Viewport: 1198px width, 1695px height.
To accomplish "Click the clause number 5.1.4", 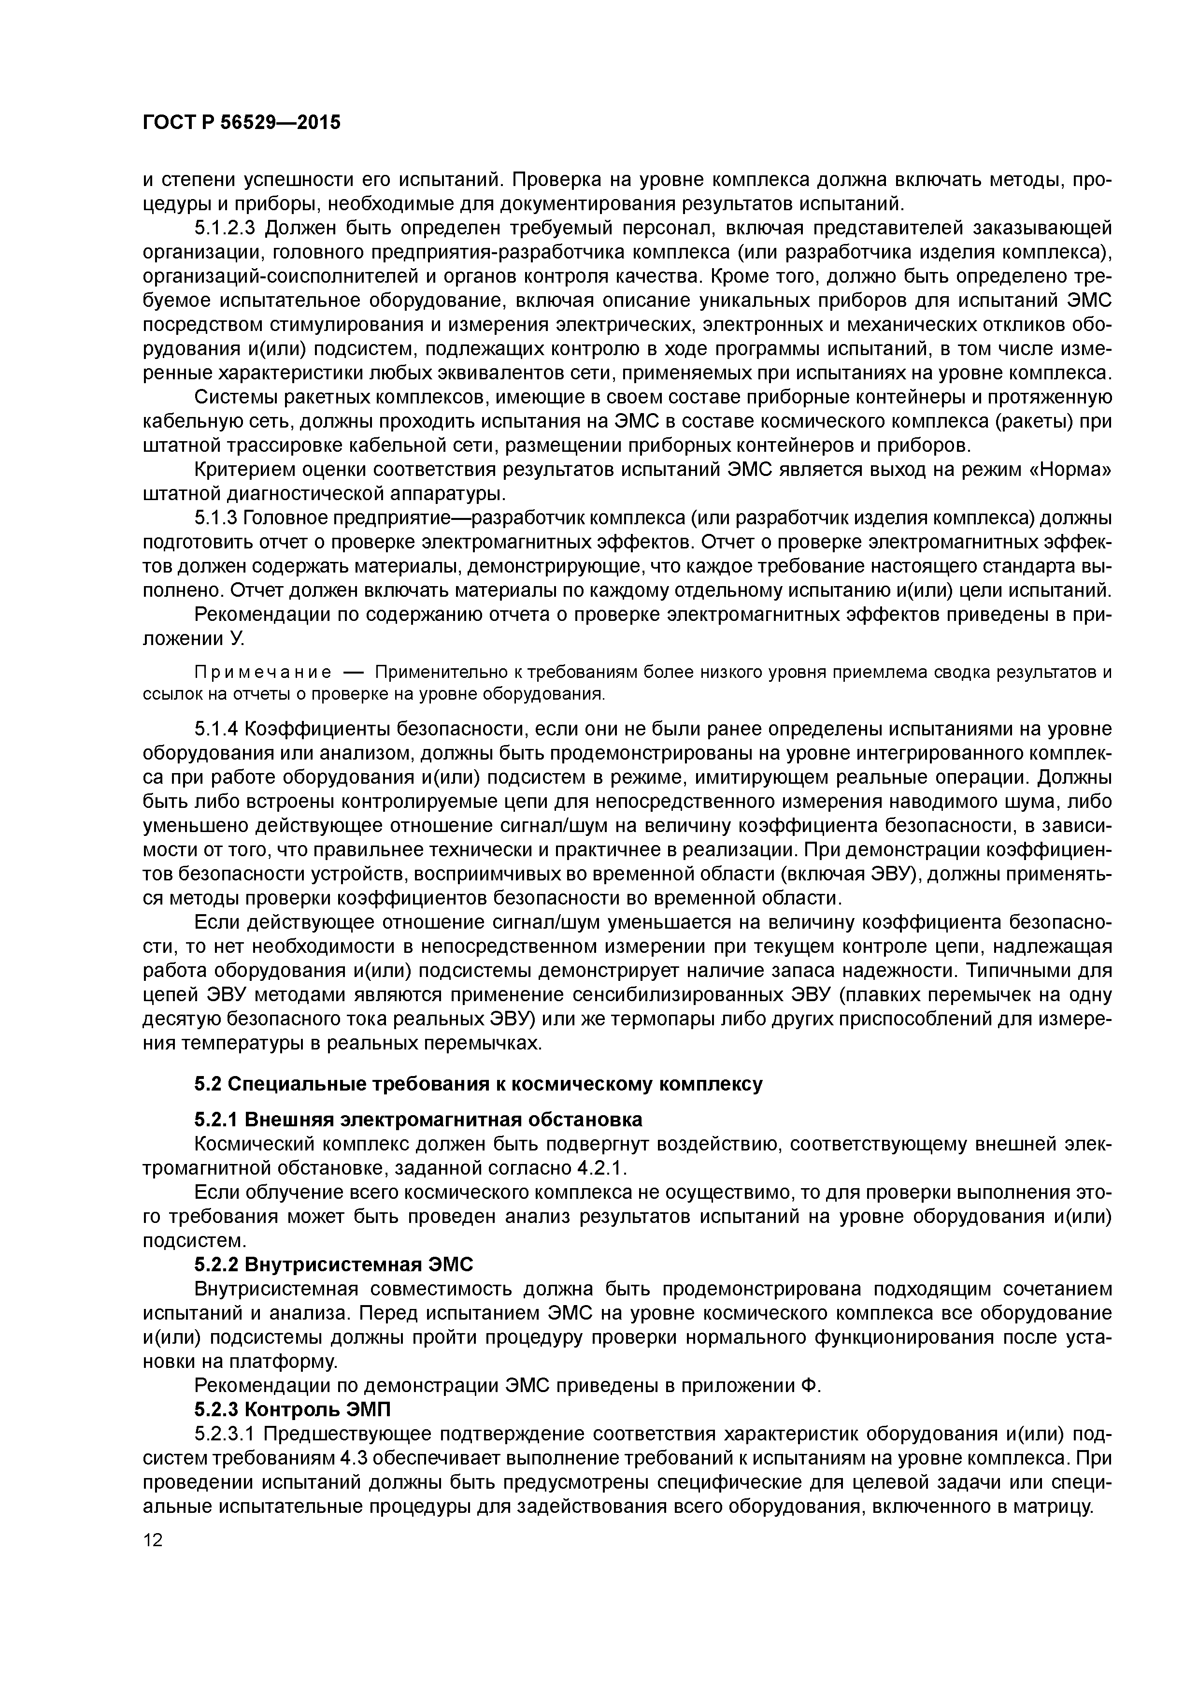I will click(x=215, y=730).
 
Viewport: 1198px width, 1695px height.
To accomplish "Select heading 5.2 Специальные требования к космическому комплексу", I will click(x=478, y=1084).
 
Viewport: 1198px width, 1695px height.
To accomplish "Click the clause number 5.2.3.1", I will click(x=225, y=1434).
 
